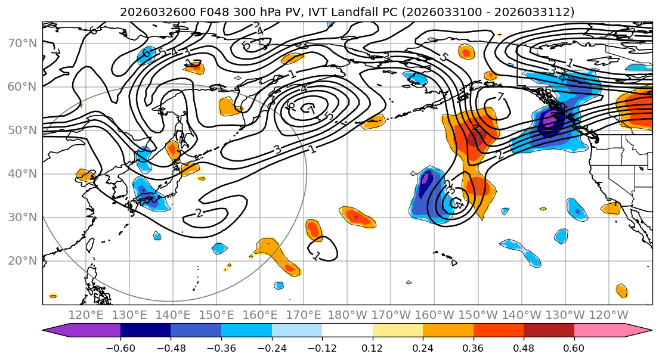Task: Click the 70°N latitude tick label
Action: (x=23, y=43)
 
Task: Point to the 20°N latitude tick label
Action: (x=23, y=261)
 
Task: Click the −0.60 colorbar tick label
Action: (x=120, y=347)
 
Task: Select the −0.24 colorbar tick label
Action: (x=271, y=347)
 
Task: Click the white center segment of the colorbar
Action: (x=347, y=331)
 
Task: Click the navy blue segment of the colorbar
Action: (x=146, y=331)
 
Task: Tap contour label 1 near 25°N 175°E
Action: (x=317, y=256)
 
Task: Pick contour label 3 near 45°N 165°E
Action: (x=277, y=149)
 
